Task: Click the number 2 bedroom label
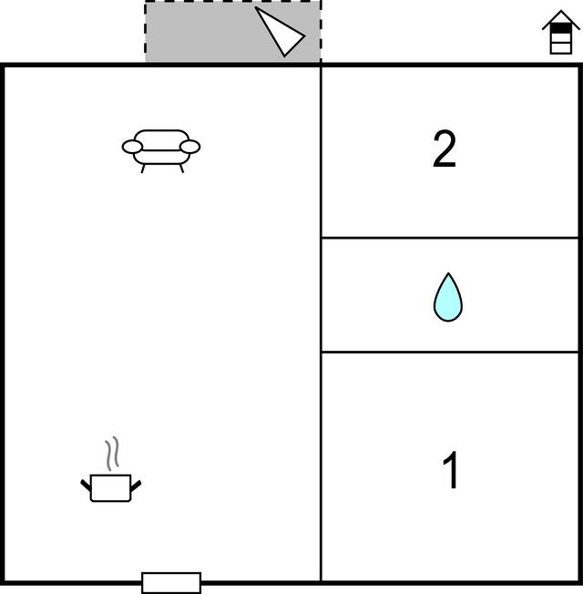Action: point(445,148)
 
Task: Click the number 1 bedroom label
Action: point(451,470)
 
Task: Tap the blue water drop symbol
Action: point(448,297)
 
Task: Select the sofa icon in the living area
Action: point(161,150)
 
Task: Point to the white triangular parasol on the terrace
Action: point(281,32)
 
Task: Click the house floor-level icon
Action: point(560,32)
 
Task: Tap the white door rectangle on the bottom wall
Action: point(171,583)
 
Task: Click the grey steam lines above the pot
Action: point(112,454)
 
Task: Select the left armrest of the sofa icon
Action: point(132,147)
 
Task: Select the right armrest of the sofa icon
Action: point(189,147)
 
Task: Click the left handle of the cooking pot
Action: point(86,486)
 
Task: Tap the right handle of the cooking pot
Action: point(136,486)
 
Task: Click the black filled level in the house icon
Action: point(560,28)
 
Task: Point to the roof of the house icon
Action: point(561,20)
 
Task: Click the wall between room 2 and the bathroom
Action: point(450,238)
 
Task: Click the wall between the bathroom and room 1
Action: point(450,353)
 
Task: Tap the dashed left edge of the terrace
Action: point(146,32)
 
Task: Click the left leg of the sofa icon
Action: point(143,169)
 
